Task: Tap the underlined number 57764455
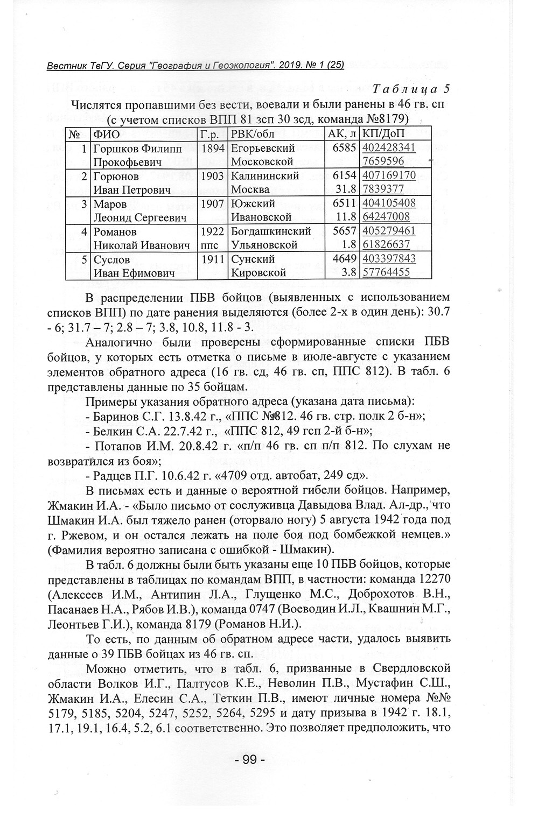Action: [387, 273]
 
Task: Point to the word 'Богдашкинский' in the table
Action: [271, 231]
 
